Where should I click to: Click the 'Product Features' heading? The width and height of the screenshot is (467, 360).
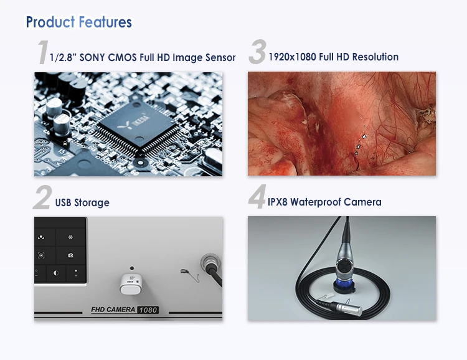[x=78, y=22]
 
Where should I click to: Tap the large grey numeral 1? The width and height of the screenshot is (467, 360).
[x=42, y=54]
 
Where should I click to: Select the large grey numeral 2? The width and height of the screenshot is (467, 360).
[x=42, y=199]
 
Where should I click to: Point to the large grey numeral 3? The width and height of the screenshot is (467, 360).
[x=257, y=54]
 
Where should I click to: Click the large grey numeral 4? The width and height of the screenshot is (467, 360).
[x=257, y=199]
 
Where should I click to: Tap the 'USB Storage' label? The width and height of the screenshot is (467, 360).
[x=82, y=203]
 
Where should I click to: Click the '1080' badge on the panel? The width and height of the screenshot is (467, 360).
[x=148, y=310]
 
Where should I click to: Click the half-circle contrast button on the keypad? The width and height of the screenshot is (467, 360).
[x=55, y=273]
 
